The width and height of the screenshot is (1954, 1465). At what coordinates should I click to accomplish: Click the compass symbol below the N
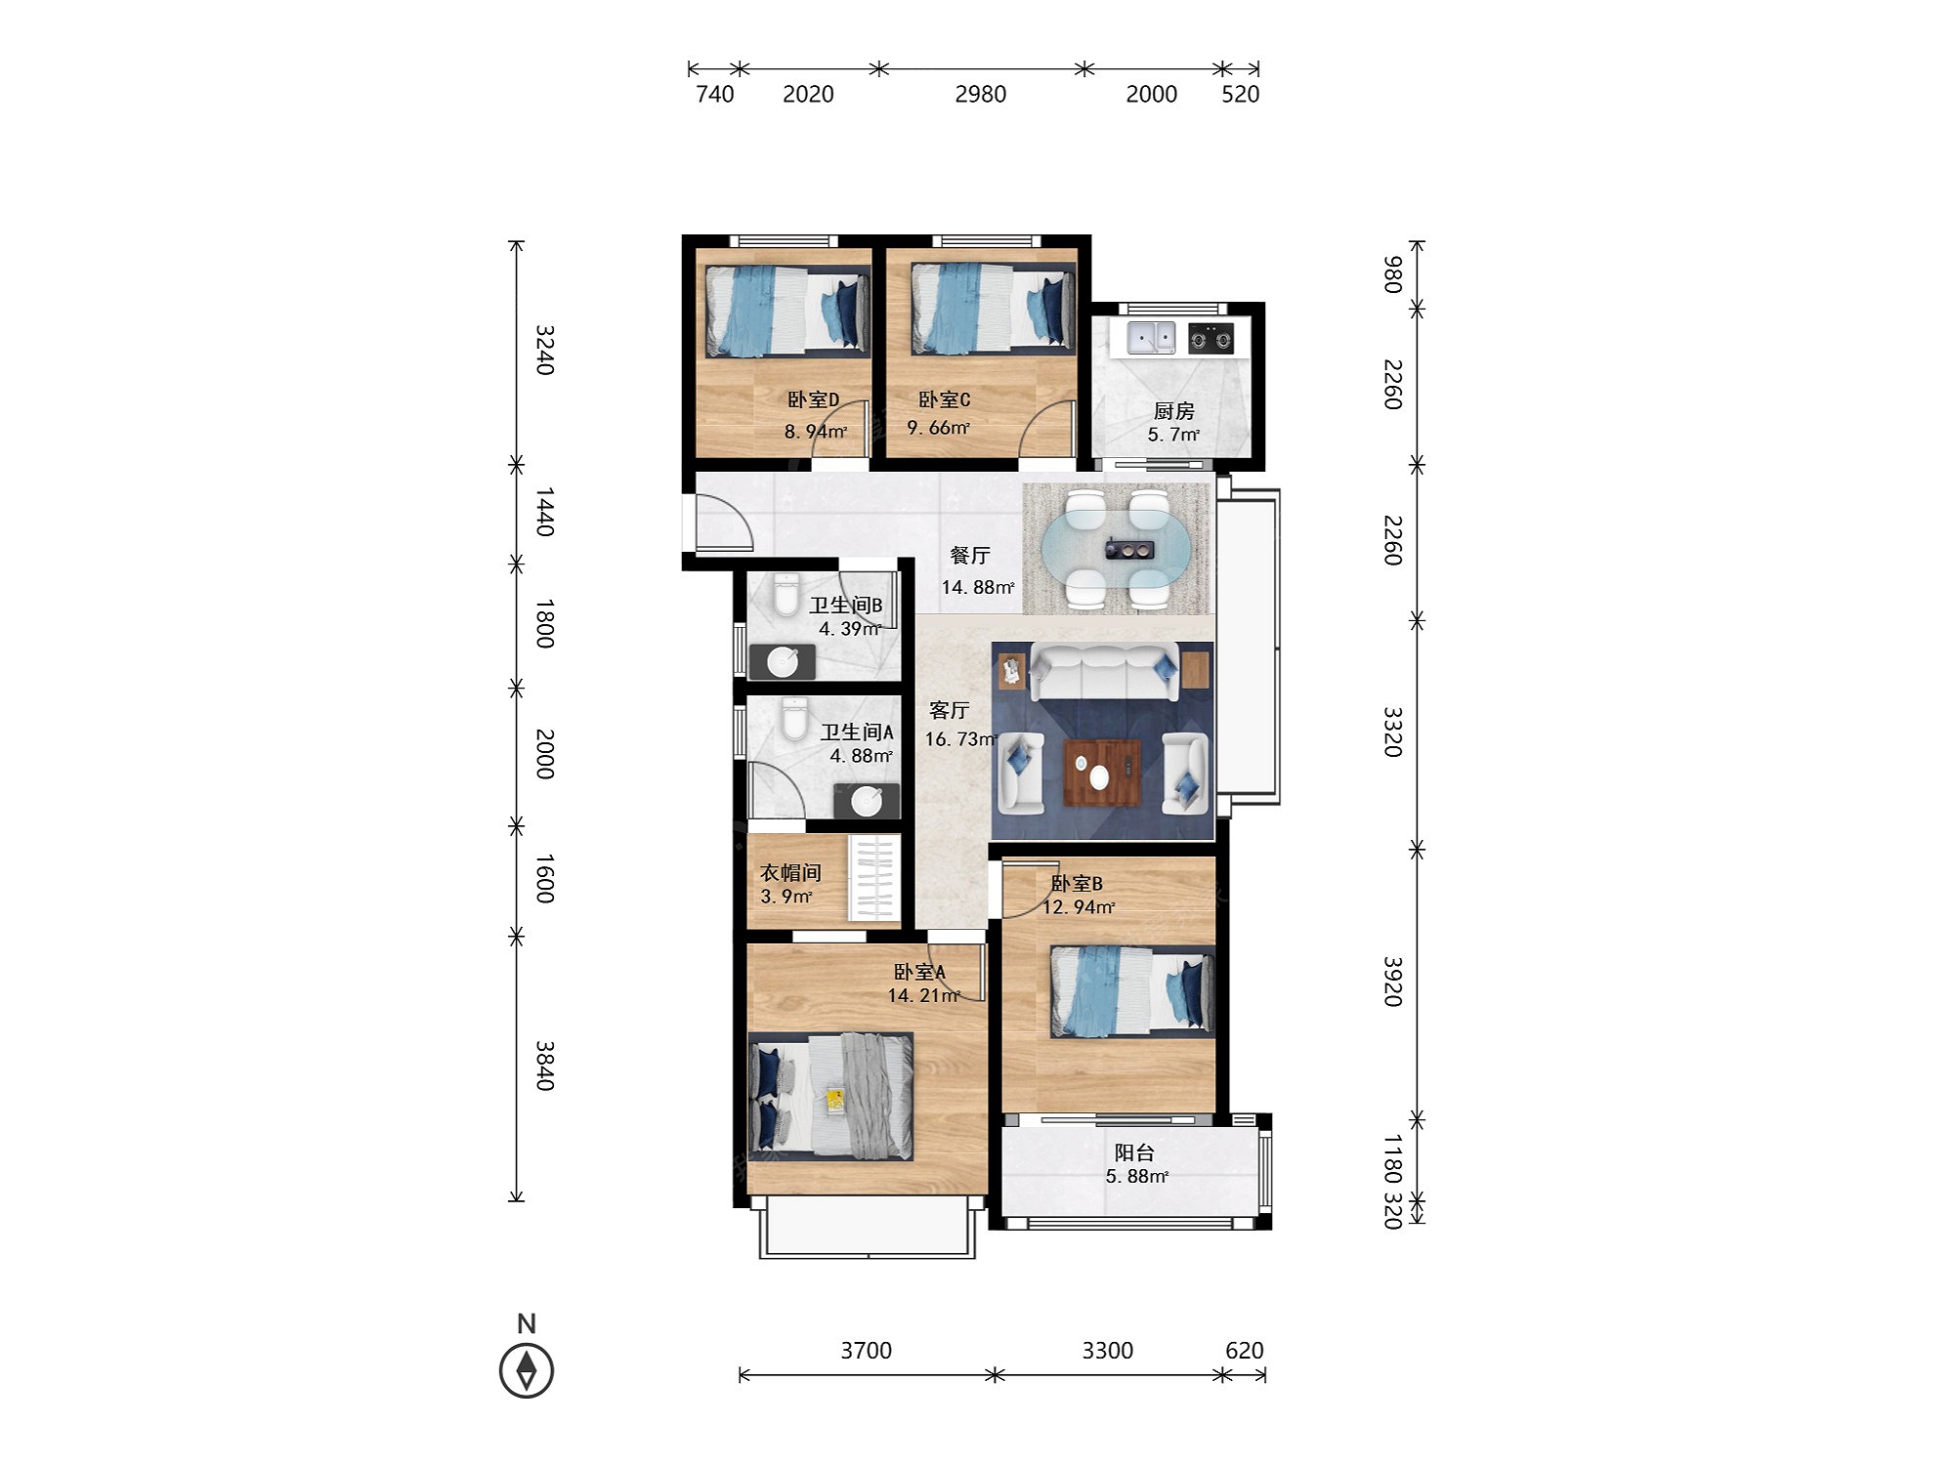click(x=527, y=1369)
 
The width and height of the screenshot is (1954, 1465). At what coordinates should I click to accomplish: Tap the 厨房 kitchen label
click(x=1173, y=411)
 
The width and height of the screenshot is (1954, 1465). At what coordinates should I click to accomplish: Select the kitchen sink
click(x=1152, y=338)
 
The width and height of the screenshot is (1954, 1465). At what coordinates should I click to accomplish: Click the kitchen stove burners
click(x=1211, y=339)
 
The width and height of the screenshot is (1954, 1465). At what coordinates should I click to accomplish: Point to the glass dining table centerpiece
click(x=1128, y=550)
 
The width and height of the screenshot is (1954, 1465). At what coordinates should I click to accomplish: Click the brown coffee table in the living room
click(x=1102, y=773)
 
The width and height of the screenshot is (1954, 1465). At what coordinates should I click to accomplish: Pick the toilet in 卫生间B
click(x=786, y=595)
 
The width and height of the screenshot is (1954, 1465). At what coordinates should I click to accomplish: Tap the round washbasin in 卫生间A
click(x=867, y=801)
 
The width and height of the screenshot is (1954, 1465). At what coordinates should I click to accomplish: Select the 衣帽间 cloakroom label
click(x=790, y=872)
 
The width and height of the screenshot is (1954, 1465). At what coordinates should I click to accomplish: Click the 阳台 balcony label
click(x=1134, y=1152)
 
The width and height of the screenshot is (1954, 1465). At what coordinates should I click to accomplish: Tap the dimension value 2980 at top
click(x=980, y=94)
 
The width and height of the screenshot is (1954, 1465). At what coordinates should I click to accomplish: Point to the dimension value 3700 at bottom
click(x=866, y=1350)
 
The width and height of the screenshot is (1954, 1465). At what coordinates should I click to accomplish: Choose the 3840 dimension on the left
click(x=545, y=1066)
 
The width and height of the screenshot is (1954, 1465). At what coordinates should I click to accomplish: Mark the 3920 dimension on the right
click(x=1392, y=982)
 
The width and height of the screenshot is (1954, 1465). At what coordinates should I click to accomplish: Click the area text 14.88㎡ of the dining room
click(x=978, y=587)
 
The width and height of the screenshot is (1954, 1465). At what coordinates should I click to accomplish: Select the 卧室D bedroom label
click(x=813, y=399)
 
